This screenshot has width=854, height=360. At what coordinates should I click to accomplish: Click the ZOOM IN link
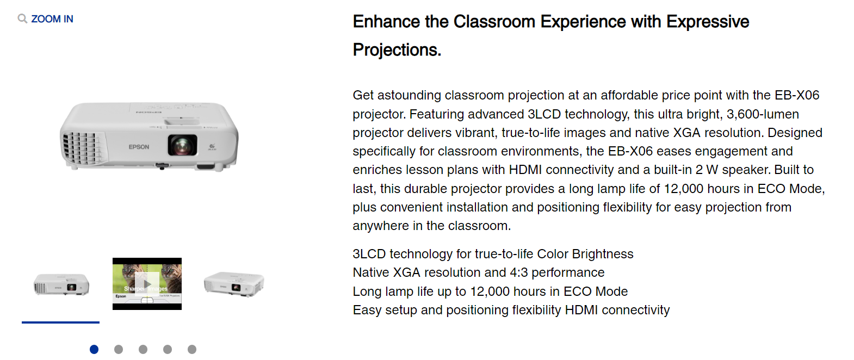point(52,19)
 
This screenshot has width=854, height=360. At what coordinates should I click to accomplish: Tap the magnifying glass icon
point(22,18)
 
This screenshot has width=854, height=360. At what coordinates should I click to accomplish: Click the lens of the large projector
point(183,145)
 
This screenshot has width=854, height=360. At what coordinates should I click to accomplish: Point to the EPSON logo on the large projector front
point(139,147)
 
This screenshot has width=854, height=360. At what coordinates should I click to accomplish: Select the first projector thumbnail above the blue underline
point(61,284)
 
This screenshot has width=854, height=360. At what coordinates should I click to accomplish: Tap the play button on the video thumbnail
point(147,284)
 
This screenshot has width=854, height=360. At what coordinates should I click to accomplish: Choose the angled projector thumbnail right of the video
point(234,284)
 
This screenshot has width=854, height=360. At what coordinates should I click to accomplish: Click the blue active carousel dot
point(94,349)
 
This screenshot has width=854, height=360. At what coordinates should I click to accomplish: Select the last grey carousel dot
point(192,349)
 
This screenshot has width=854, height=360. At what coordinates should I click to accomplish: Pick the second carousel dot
point(119,349)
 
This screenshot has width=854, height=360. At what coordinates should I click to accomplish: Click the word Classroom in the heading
point(494,22)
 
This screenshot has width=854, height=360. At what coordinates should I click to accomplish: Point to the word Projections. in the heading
point(397,50)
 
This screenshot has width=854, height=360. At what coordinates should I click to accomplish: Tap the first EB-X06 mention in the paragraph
point(797,95)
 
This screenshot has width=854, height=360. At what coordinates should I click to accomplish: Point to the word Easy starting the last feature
point(367,311)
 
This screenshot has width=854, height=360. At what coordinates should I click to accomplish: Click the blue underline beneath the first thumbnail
point(60,322)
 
